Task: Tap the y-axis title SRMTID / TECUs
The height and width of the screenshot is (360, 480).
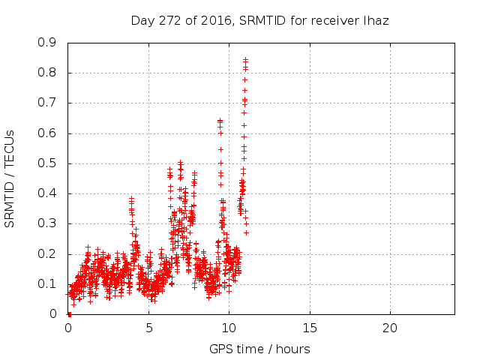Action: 10,178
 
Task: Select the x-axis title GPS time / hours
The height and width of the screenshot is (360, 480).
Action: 260,349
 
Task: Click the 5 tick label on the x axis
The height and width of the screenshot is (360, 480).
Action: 148,328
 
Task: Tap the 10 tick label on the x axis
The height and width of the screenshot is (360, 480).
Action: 229,328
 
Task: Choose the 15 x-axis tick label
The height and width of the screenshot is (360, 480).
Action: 309,328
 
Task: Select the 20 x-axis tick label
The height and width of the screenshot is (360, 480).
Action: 389,328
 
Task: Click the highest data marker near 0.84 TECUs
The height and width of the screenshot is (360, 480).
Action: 245,59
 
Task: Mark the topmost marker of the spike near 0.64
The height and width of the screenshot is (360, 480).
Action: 220,120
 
